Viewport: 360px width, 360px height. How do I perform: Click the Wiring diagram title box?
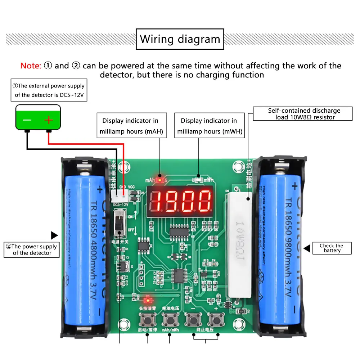(180, 39)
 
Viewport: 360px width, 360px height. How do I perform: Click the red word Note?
(31, 66)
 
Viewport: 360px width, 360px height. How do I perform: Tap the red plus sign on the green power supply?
(49, 120)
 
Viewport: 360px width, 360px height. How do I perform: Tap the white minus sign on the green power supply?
(27, 120)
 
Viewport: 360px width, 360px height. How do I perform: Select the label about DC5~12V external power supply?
(49, 90)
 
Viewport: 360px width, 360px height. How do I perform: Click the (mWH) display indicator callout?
(209, 126)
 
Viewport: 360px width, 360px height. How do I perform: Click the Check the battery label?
(332, 248)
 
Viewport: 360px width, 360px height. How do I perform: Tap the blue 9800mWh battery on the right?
(281, 248)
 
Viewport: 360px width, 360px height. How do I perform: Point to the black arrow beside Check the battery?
(307, 248)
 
